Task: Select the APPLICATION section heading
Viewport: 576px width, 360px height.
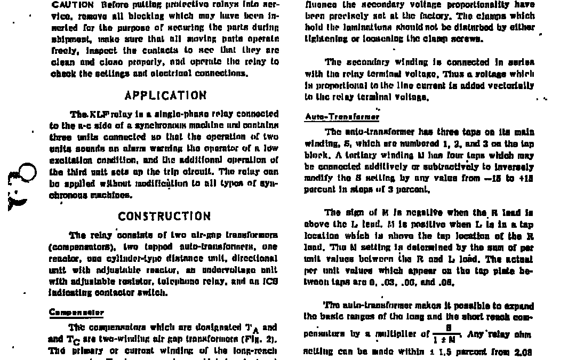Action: tap(165, 95)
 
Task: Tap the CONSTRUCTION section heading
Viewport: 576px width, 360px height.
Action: tap(164, 216)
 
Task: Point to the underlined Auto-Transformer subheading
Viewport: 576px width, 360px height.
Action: tap(342, 116)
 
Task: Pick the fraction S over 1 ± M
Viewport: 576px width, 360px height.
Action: tap(448, 335)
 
